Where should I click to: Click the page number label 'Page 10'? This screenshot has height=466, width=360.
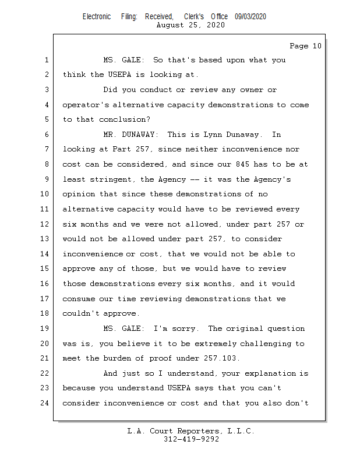305,46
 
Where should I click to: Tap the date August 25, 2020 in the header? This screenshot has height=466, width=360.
191,26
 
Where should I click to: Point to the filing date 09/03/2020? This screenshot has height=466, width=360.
250,17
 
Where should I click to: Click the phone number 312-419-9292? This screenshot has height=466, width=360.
191,439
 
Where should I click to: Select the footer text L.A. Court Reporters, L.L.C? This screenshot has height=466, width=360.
191,431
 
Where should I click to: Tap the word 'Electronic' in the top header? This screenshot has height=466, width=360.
97,17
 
